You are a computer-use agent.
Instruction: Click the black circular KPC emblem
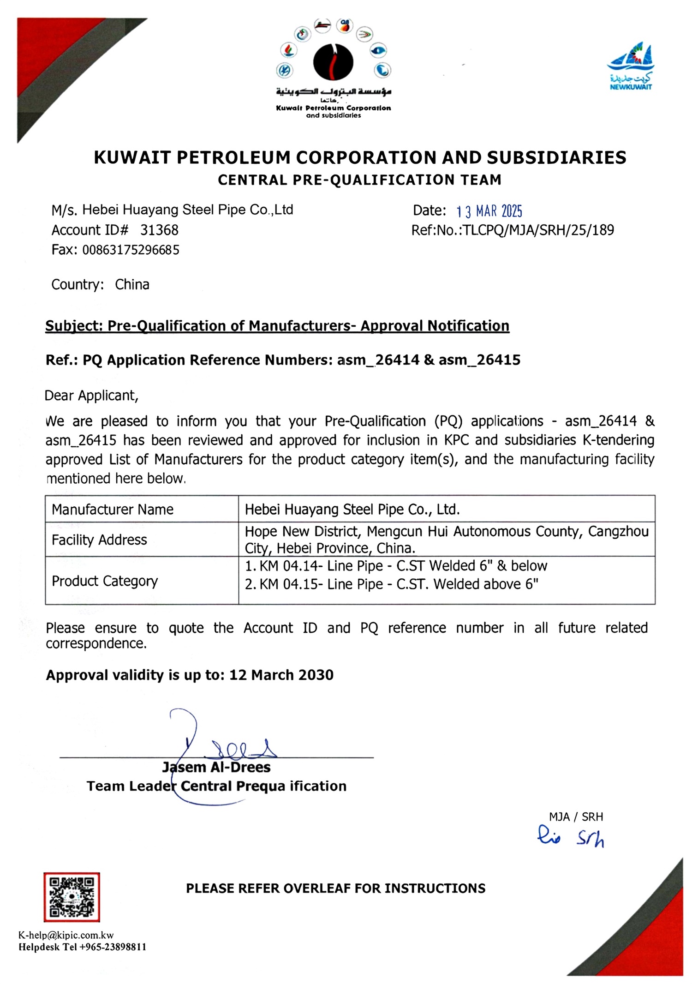tap(333, 62)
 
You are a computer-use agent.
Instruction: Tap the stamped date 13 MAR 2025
tap(489, 211)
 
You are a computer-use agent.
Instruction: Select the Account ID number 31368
tap(159, 230)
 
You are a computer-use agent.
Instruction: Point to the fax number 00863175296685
tap(131, 250)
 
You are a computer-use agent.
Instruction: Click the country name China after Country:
tap(132, 284)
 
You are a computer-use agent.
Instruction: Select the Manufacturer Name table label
tap(113, 509)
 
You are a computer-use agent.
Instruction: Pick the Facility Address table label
tap(99, 540)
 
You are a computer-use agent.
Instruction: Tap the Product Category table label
tap(105, 581)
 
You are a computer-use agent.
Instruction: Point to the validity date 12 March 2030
tap(281, 675)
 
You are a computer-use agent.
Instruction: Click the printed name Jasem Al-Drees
tap(216, 767)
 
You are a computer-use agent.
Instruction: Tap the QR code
tap(72, 897)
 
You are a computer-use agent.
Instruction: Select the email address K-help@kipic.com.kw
tap(66, 935)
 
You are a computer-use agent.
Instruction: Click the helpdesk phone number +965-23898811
tap(113, 947)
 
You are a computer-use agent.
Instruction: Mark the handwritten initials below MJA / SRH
tap(571, 838)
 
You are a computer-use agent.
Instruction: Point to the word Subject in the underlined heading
tap(73, 326)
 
